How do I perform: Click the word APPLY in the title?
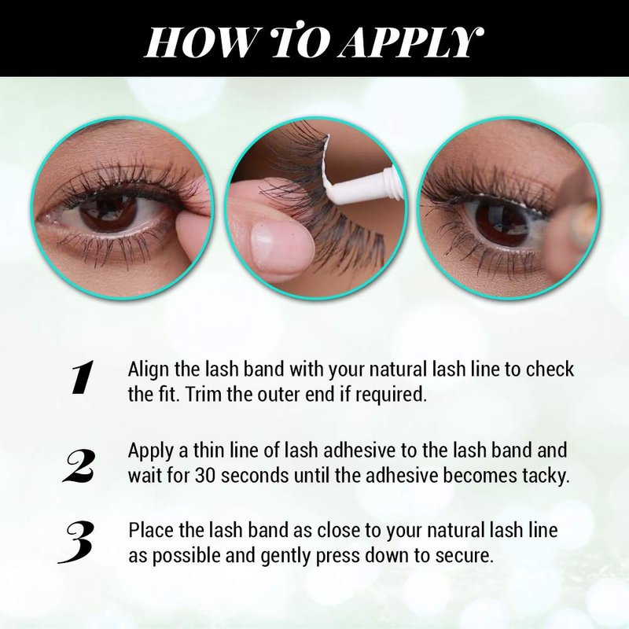coord(410,42)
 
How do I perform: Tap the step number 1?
coord(83,377)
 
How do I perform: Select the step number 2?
coord(79,465)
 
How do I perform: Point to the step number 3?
coord(76,543)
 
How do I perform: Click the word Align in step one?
coord(149,370)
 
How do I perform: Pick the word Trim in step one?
coord(204,395)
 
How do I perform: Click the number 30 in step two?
coord(205,476)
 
